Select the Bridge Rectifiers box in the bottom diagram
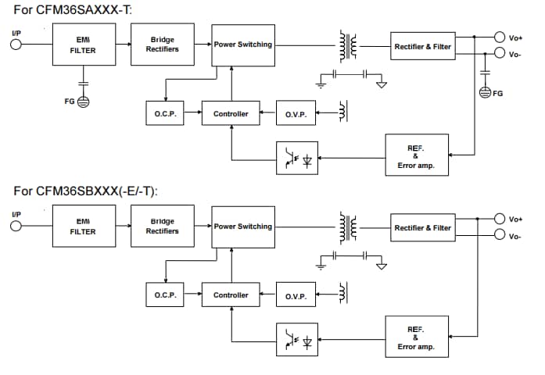point(163,227)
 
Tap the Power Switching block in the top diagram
point(243,45)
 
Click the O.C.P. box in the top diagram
point(165,114)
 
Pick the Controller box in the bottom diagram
point(231,295)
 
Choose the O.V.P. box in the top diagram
point(296,114)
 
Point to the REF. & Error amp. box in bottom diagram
point(416,337)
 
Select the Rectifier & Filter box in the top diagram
point(422,46)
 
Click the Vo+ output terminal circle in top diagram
point(500,37)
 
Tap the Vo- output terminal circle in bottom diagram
point(500,236)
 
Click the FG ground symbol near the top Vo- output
point(486,93)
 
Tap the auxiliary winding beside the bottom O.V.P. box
point(342,295)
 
